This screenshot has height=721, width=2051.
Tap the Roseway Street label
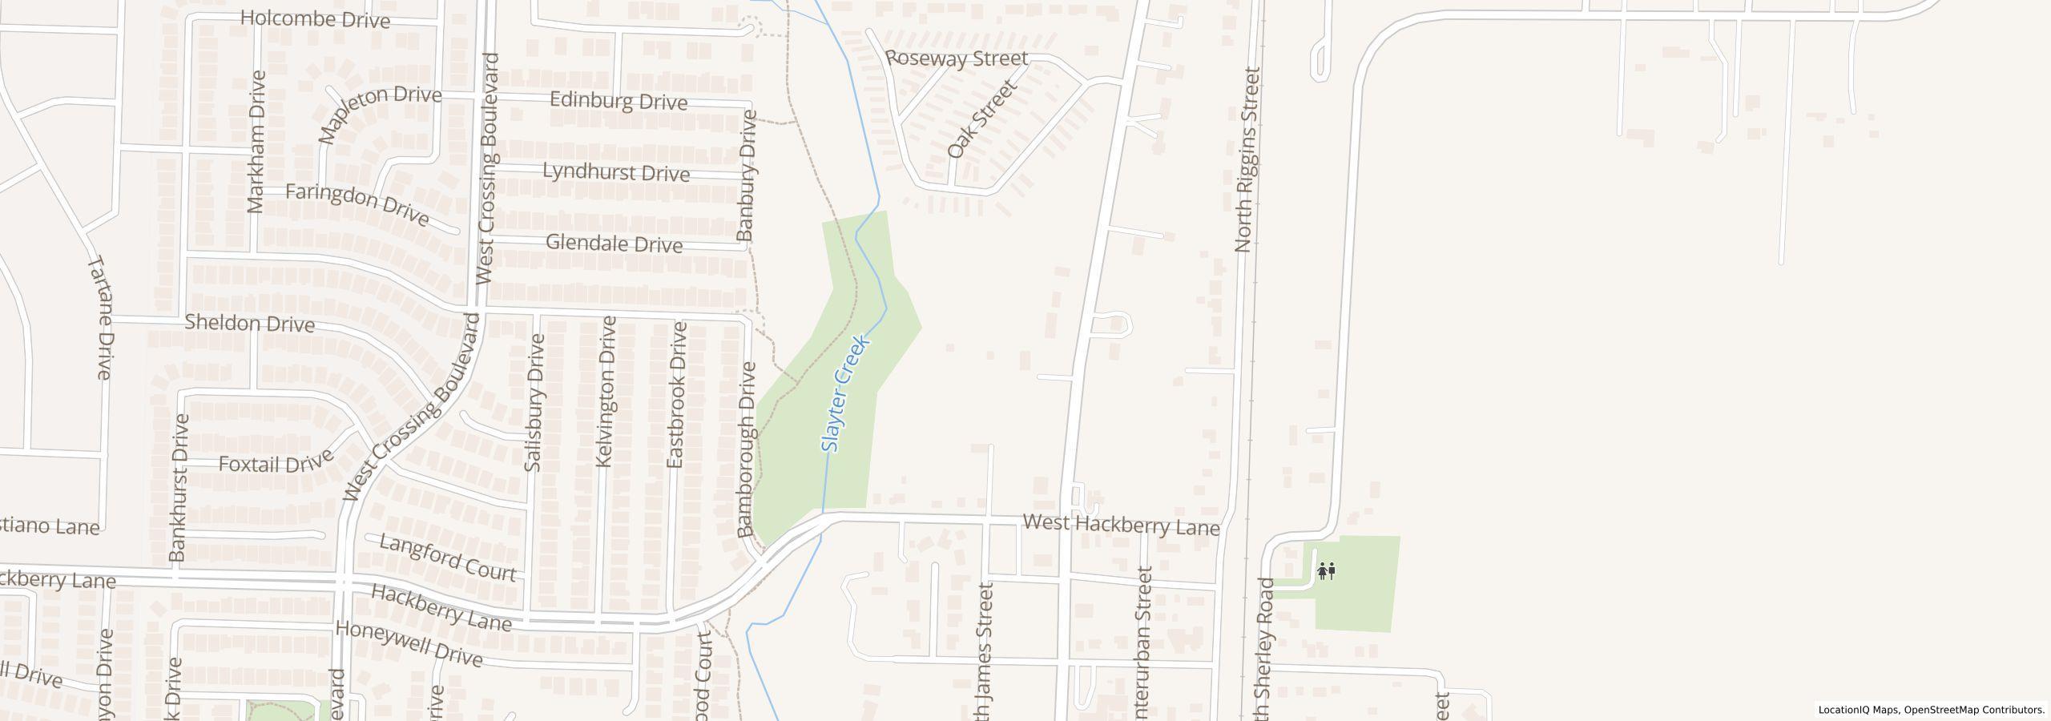pos(957,58)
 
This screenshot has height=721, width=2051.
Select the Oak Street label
pos(981,119)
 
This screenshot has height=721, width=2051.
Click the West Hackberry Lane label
pos(1121,526)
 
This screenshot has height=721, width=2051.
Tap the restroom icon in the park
pos(1326,571)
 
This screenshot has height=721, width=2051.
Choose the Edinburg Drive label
pos(619,102)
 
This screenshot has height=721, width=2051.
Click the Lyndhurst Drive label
pos(616,172)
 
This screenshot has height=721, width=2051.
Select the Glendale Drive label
pos(614,244)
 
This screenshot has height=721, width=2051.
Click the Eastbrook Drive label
pos(678,395)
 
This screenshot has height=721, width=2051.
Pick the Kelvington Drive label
pos(606,392)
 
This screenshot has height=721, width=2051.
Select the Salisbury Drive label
pos(534,403)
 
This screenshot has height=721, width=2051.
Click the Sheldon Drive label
pos(249,324)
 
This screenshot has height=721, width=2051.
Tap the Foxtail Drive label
pos(276,463)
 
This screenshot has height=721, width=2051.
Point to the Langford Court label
pos(447,558)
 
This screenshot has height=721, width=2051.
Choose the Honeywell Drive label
pos(409,643)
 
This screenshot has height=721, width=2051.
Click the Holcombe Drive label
pos(315,19)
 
